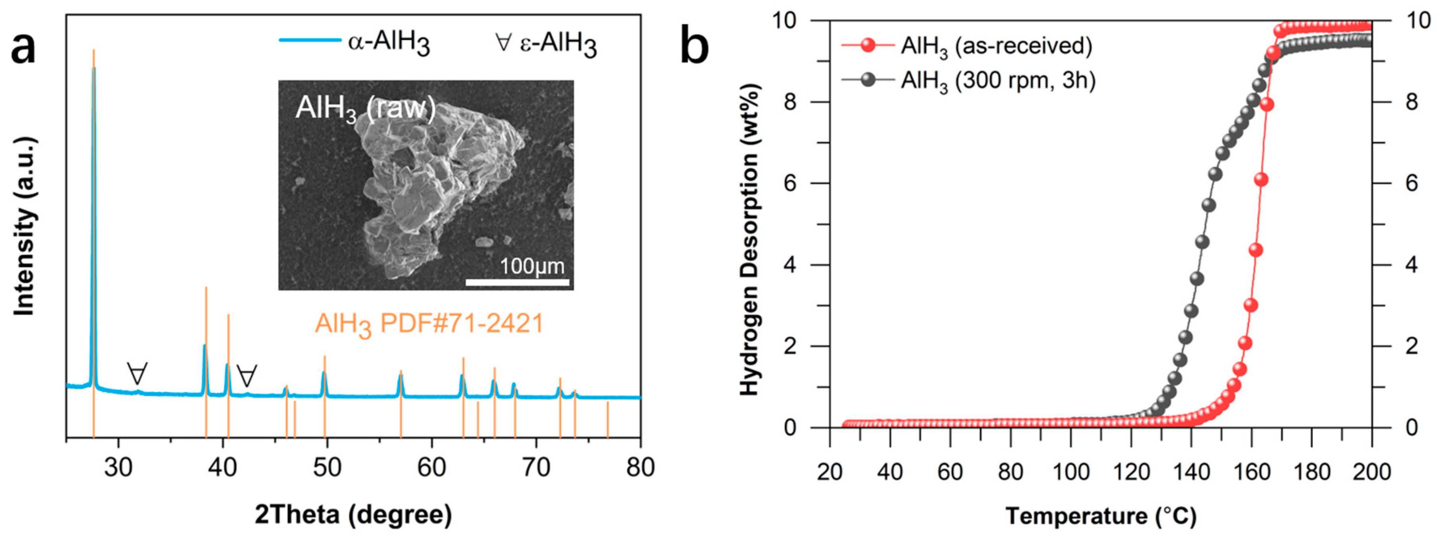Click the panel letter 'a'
(x=23, y=47)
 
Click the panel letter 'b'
(x=694, y=47)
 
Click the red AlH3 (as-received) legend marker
(x=868, y=45)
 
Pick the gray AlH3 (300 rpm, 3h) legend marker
(x=868, y=80)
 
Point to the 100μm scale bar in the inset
(x=517, y=282)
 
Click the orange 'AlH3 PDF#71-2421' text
(x=429, y=324)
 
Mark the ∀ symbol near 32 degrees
(x=137, y=373)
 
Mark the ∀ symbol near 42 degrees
(x=246, y=376)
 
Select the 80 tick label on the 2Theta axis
(x=640, y=468)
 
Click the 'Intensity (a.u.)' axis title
(x=25, y=226)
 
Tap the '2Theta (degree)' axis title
(x=353, y=514)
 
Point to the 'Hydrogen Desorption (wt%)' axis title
(x=750, y=240)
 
